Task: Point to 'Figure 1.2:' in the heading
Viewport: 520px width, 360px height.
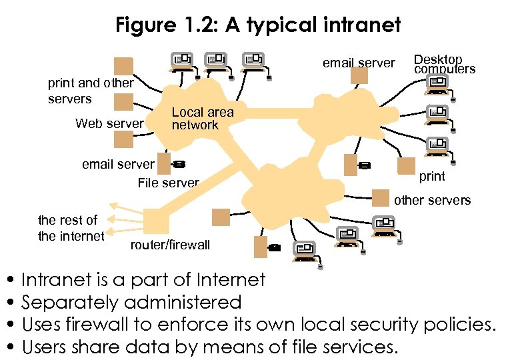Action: pyautogui.click(x=167, y=25)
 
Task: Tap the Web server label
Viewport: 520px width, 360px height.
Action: pyautogui.click(x=109, y=123)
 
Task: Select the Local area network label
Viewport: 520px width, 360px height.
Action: pyautogui.click(x=203, y=119)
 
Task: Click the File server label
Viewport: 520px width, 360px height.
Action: pyautogui.click(x=168, y=183)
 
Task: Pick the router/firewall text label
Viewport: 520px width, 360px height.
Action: pyautogui.click(x=170, y=245)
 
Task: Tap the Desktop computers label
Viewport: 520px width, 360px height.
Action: pyautogui.click(x=444, y=65)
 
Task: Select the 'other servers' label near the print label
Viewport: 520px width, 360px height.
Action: pyautogui.click(x=432, y=200)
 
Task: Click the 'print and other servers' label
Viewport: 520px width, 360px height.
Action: pyautogui.click(x=91, y=91)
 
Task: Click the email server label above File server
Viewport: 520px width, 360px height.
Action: pyautogui.click(x=118, y=164)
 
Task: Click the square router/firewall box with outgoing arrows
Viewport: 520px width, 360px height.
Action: pyautogui.click(x=156, y=220)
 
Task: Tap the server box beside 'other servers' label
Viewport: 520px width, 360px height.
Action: pyautogui.click(x=380, y=198)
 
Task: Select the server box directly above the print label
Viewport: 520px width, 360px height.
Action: pyautogui.click(x=405, y=166)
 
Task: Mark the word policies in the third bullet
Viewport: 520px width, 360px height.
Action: pyautogui.click(x=459, y=325)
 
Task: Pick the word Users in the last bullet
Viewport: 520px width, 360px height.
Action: pyautogui.click(x=47, y=347)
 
